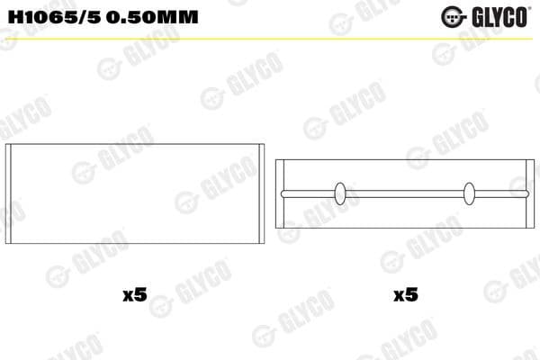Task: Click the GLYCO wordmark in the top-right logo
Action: [x=499, y=14]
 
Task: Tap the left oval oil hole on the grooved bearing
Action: [x=340, y=193]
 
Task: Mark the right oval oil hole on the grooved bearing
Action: [x=469, y=193]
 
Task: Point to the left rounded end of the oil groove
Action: [x=283, y=193]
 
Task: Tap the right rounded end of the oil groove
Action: [x=526, y=193]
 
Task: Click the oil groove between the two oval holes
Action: [x=405, y=193]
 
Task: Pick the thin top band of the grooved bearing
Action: [x=405, y=165]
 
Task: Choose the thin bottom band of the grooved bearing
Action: [x=405, y=220]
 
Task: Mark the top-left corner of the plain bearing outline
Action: [x=7, y=144]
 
